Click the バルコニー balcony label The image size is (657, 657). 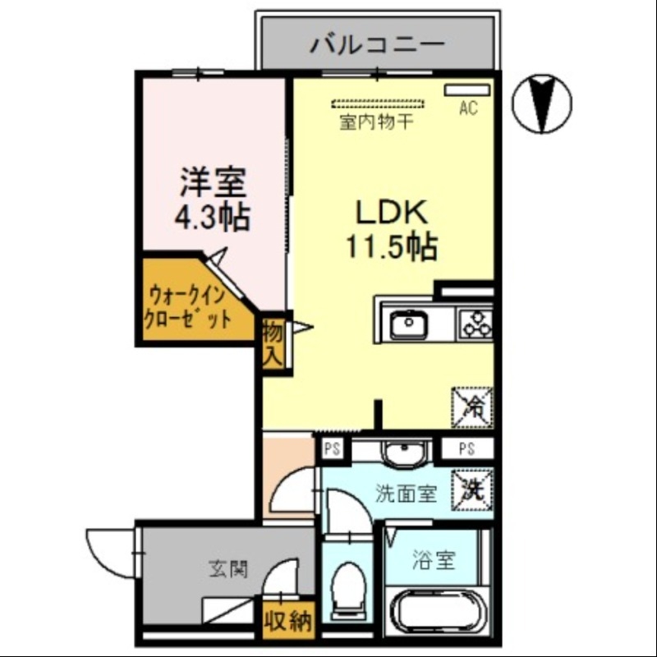point(377,44)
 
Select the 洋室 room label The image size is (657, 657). point(213,180)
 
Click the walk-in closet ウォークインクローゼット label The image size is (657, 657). point(188,306)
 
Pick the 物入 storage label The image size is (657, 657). point(273,342)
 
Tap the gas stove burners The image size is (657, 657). point(475,323)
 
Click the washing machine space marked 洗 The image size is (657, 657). point(473,490)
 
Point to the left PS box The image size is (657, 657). point(333,449)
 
